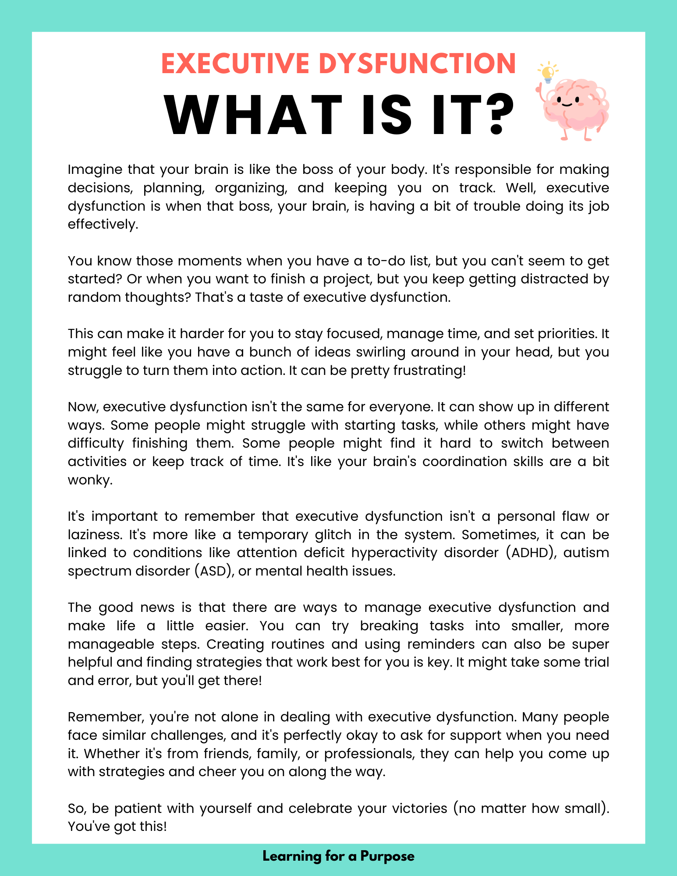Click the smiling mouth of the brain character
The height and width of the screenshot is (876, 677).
(568, 105)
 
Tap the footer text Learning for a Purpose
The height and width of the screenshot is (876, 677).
(338, 856)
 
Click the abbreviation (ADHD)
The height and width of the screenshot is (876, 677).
(531, 553)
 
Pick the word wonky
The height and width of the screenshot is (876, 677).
(90, 480)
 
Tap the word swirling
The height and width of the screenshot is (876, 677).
(381, 352)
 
